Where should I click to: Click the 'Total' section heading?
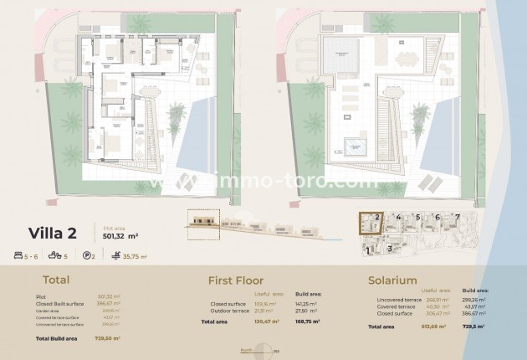pos(54,281)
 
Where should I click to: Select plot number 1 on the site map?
pos(368,249)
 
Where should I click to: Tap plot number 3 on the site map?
pos(390,249)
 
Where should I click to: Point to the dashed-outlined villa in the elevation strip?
pos(206,220)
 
